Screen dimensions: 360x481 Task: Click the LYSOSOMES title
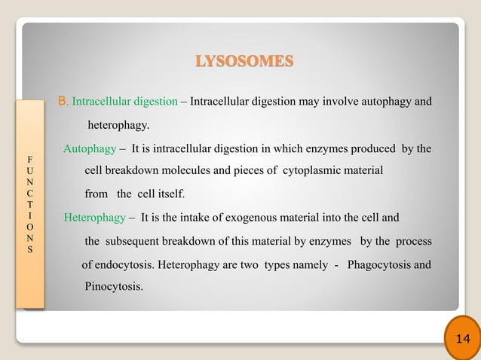point(244,59)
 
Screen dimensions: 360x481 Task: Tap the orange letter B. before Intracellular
point(63,100)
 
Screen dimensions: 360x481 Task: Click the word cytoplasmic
point(319,171)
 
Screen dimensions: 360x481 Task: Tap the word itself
point(168,194)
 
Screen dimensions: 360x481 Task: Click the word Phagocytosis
point(384,265)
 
